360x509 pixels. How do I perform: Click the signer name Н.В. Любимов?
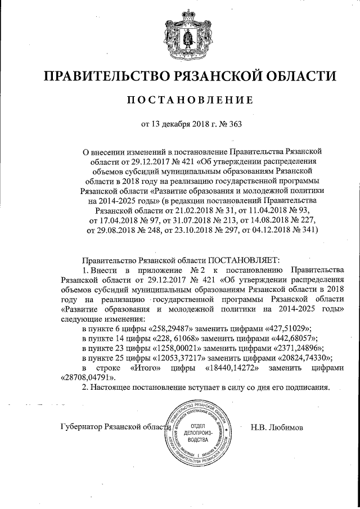coord(277,427)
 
